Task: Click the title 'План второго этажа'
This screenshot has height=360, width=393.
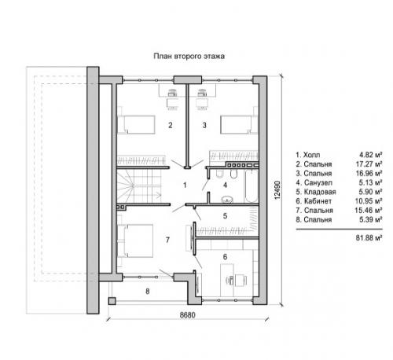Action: (189, 57)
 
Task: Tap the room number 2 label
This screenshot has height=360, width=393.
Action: (171, 125)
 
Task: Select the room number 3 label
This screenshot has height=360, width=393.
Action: (204, 125)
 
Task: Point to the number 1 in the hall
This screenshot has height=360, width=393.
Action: (185, 186)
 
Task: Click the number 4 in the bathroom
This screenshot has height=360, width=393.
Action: (225, 186)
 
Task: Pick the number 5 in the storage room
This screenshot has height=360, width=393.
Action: (225, 216)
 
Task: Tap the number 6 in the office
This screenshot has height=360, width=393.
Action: (225, 257)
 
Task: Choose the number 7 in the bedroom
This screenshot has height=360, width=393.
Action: (167, 240)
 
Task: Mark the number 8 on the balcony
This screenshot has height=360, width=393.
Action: (148, 291)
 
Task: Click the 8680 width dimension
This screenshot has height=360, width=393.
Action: (187, 314)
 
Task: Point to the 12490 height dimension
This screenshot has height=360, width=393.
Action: (277, 190)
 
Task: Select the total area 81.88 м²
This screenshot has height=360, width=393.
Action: (369, 238)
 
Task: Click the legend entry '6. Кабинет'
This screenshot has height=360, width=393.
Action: (314, 201)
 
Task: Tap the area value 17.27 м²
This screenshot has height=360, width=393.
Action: (369, 164)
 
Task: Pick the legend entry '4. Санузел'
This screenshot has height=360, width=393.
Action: (314, 182)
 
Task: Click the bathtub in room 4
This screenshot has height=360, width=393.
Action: (252, 186)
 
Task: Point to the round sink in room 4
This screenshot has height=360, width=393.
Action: (227, 200)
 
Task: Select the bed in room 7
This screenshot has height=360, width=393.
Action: (135, 241)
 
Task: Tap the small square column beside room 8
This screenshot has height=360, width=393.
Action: (112, 301)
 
